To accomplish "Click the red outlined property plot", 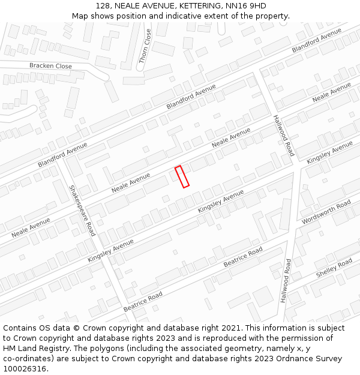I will pos(182,176).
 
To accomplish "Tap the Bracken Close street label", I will pos(50,66).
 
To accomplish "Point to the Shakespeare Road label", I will pos(82,210).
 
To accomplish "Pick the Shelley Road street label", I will pos(334,268).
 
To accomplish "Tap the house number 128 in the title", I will pos(104,6).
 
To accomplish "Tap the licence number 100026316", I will pos(25,369).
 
